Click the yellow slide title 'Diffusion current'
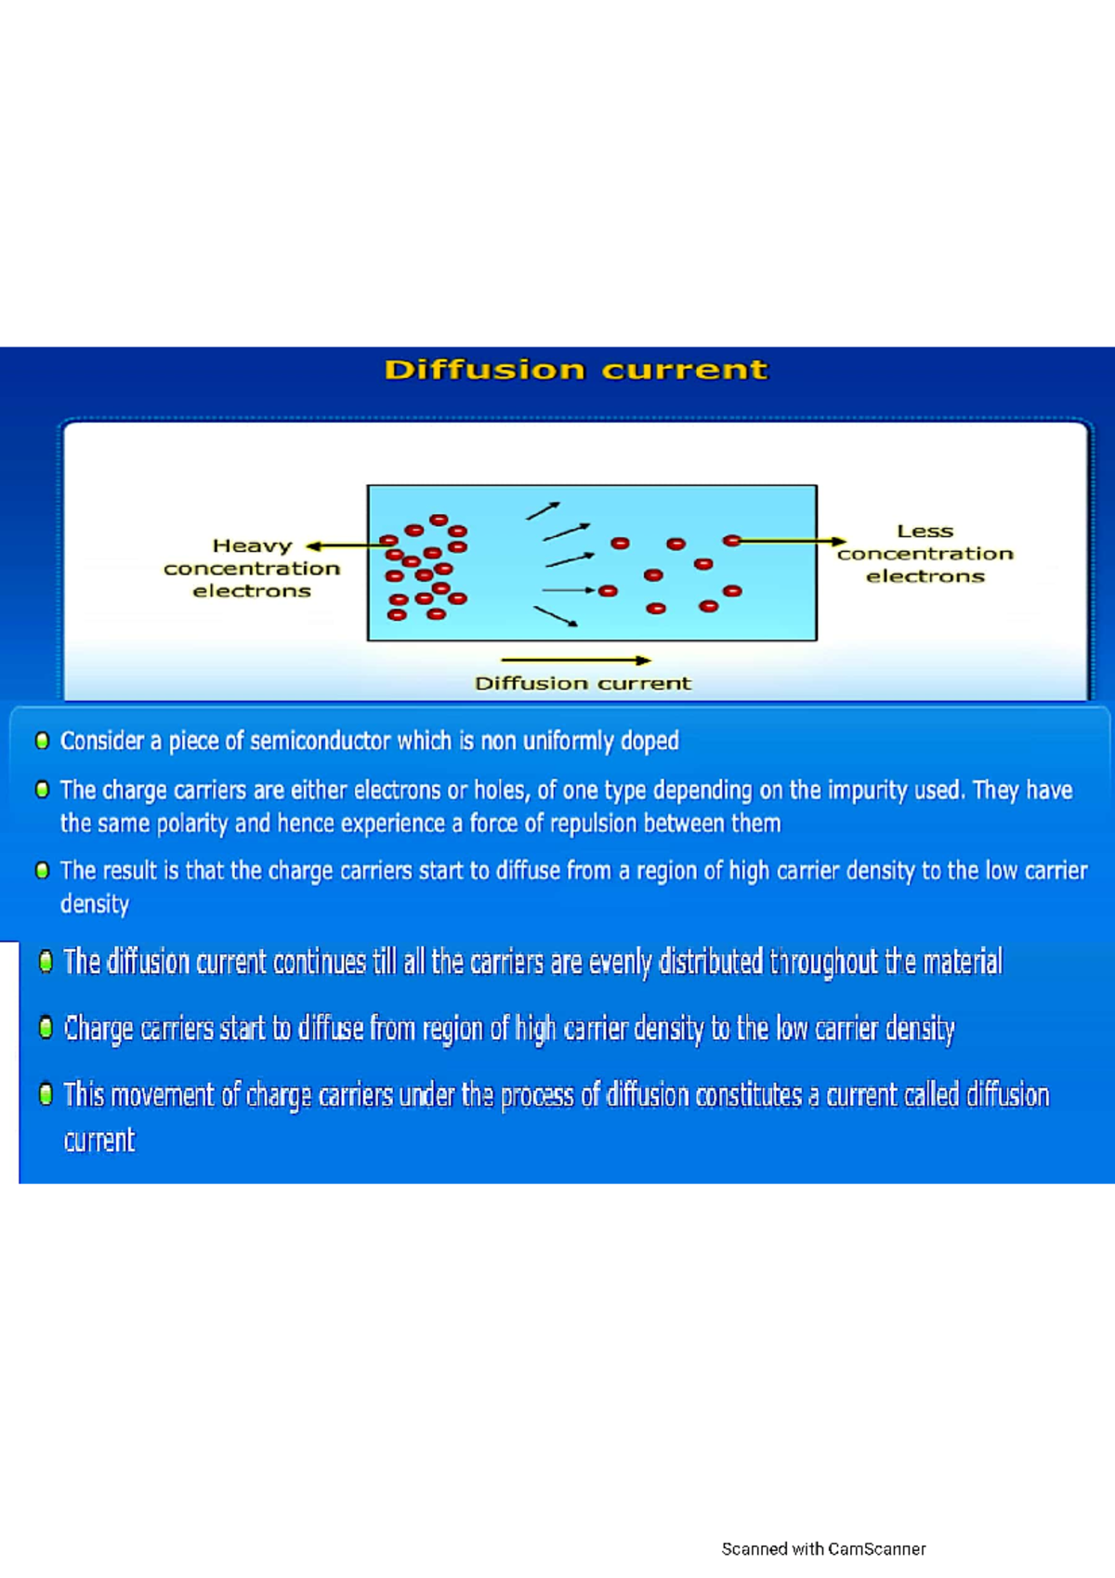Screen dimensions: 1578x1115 pyautogui.click(x=576, y=370)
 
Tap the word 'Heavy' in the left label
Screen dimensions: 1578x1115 pyautogui.click(x=252, y=546)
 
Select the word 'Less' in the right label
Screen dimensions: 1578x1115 pyautogui.click(x=925, y=531)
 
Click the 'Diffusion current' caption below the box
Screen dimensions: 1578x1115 pyautogui.click(x=583, y=683)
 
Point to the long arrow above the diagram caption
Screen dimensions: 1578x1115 pyautogui.click(x=575, y=661)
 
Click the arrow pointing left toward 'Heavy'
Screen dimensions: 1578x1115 pyautogui.click(x=344, y=546)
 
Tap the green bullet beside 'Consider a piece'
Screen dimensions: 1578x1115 pyautogui.click(x=42, y=741)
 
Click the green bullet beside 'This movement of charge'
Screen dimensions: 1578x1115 pyautogui.click(x=46, y=1094)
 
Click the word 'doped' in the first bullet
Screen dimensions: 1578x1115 pyautogui.click(x=649, y=741)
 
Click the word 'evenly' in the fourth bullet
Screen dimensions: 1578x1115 pyautogui.click(x=620, y=962)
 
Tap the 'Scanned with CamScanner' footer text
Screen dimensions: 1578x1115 pyautogui.click(x=823, y=1549)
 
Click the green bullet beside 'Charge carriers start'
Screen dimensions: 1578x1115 pyautogui.click(x=46, y=1028)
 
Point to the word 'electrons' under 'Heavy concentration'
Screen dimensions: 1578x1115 pyautogui.click(x=252, y=591)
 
